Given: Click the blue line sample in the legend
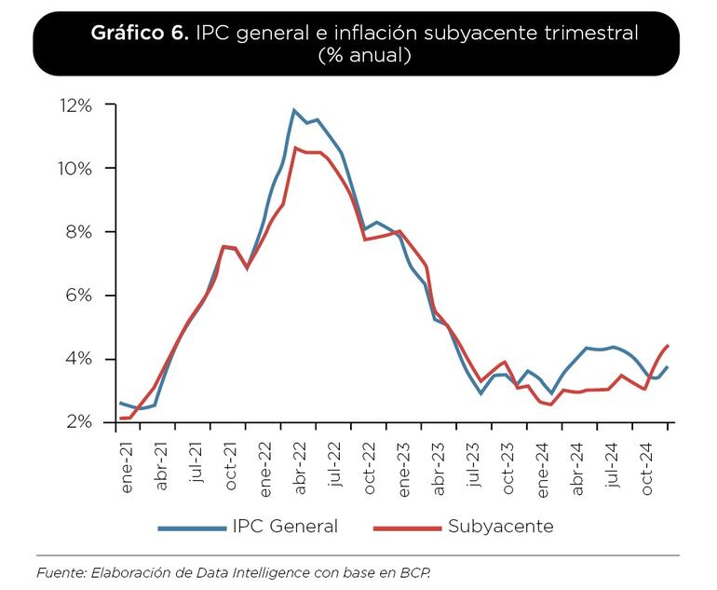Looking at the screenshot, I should coord(192,528).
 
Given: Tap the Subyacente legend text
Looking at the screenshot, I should coord(500,527).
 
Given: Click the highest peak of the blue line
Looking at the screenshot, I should coord(294,110).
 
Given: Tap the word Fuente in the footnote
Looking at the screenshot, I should coord(59,571).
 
